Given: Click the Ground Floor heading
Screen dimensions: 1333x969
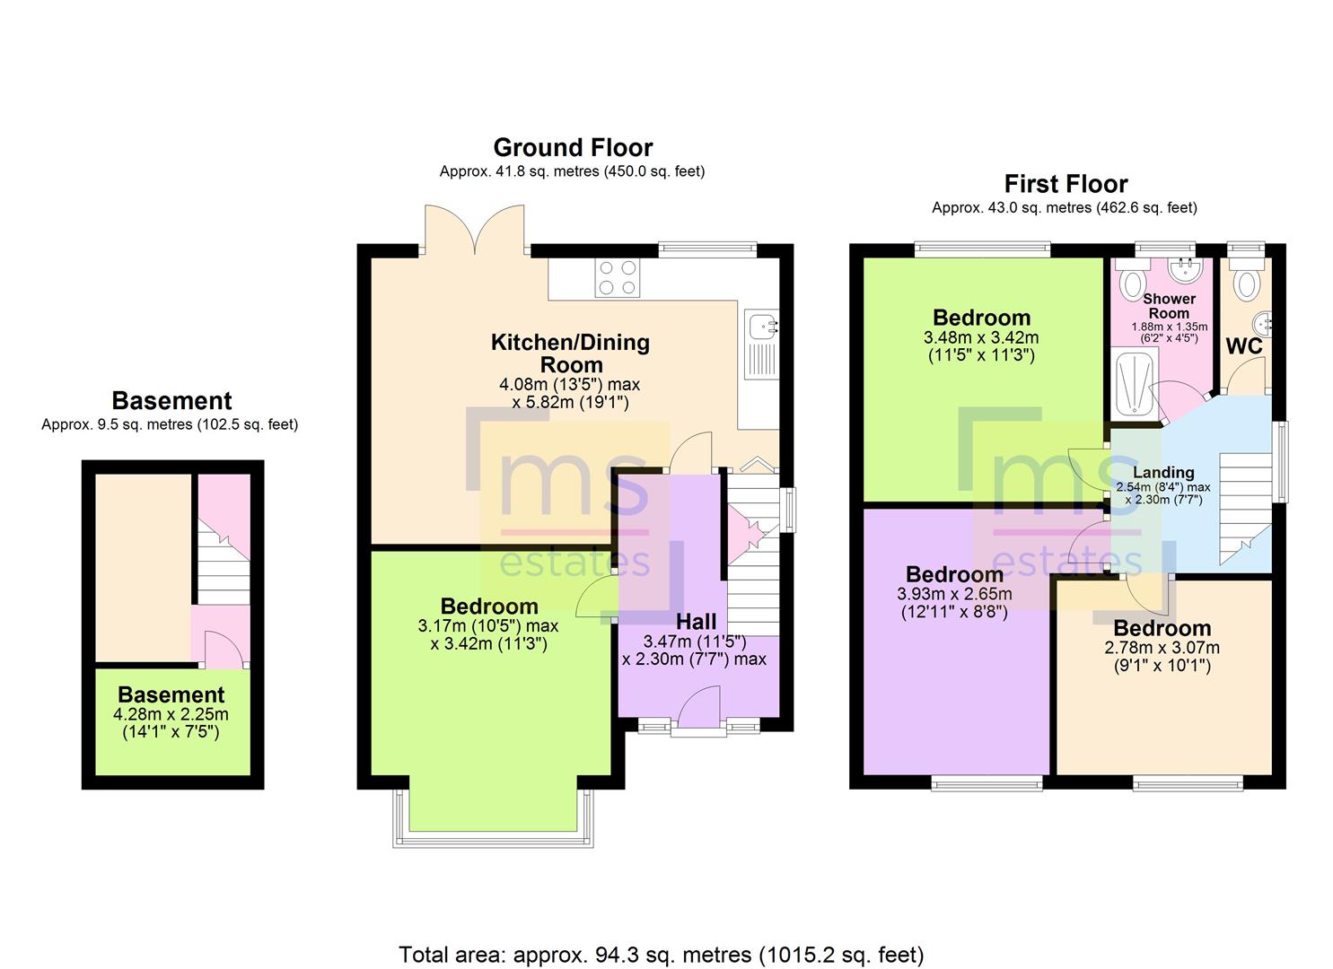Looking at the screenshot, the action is [573, 147].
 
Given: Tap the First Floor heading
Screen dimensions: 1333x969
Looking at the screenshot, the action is [1066, 184].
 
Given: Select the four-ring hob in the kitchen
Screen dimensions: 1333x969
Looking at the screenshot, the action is [617, 278].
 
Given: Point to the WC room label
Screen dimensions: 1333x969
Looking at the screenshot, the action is [1244, 346].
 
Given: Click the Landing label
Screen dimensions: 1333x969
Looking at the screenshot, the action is [1163, 472].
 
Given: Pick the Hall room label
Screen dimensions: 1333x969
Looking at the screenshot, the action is [697, 622].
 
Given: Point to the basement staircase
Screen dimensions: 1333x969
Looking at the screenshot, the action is [224, 563].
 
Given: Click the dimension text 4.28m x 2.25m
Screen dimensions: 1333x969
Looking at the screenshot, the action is [171, 714].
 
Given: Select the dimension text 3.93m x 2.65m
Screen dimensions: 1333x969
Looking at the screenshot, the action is [954, 594].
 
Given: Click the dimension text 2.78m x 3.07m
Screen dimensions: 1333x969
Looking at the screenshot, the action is [1162, 648].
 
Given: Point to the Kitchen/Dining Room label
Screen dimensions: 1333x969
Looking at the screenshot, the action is [571, 354].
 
